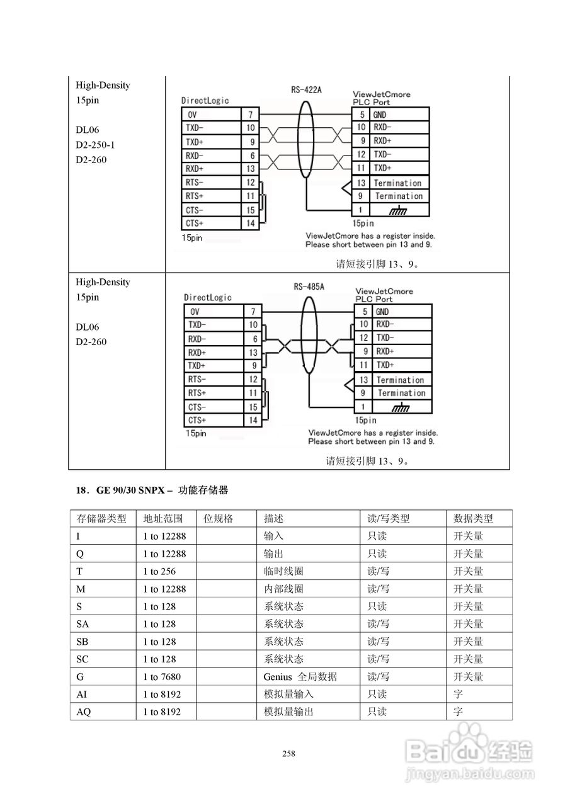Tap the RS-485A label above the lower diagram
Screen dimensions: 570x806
(x=309, y=287)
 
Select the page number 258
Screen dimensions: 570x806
(x=289, y=754)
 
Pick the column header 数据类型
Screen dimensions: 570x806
(x=473, y=519)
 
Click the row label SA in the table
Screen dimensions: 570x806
(x=83, y=624)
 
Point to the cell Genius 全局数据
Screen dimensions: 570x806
(x=300, y=677)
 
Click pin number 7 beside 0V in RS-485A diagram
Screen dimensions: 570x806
(x=253, y=312)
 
